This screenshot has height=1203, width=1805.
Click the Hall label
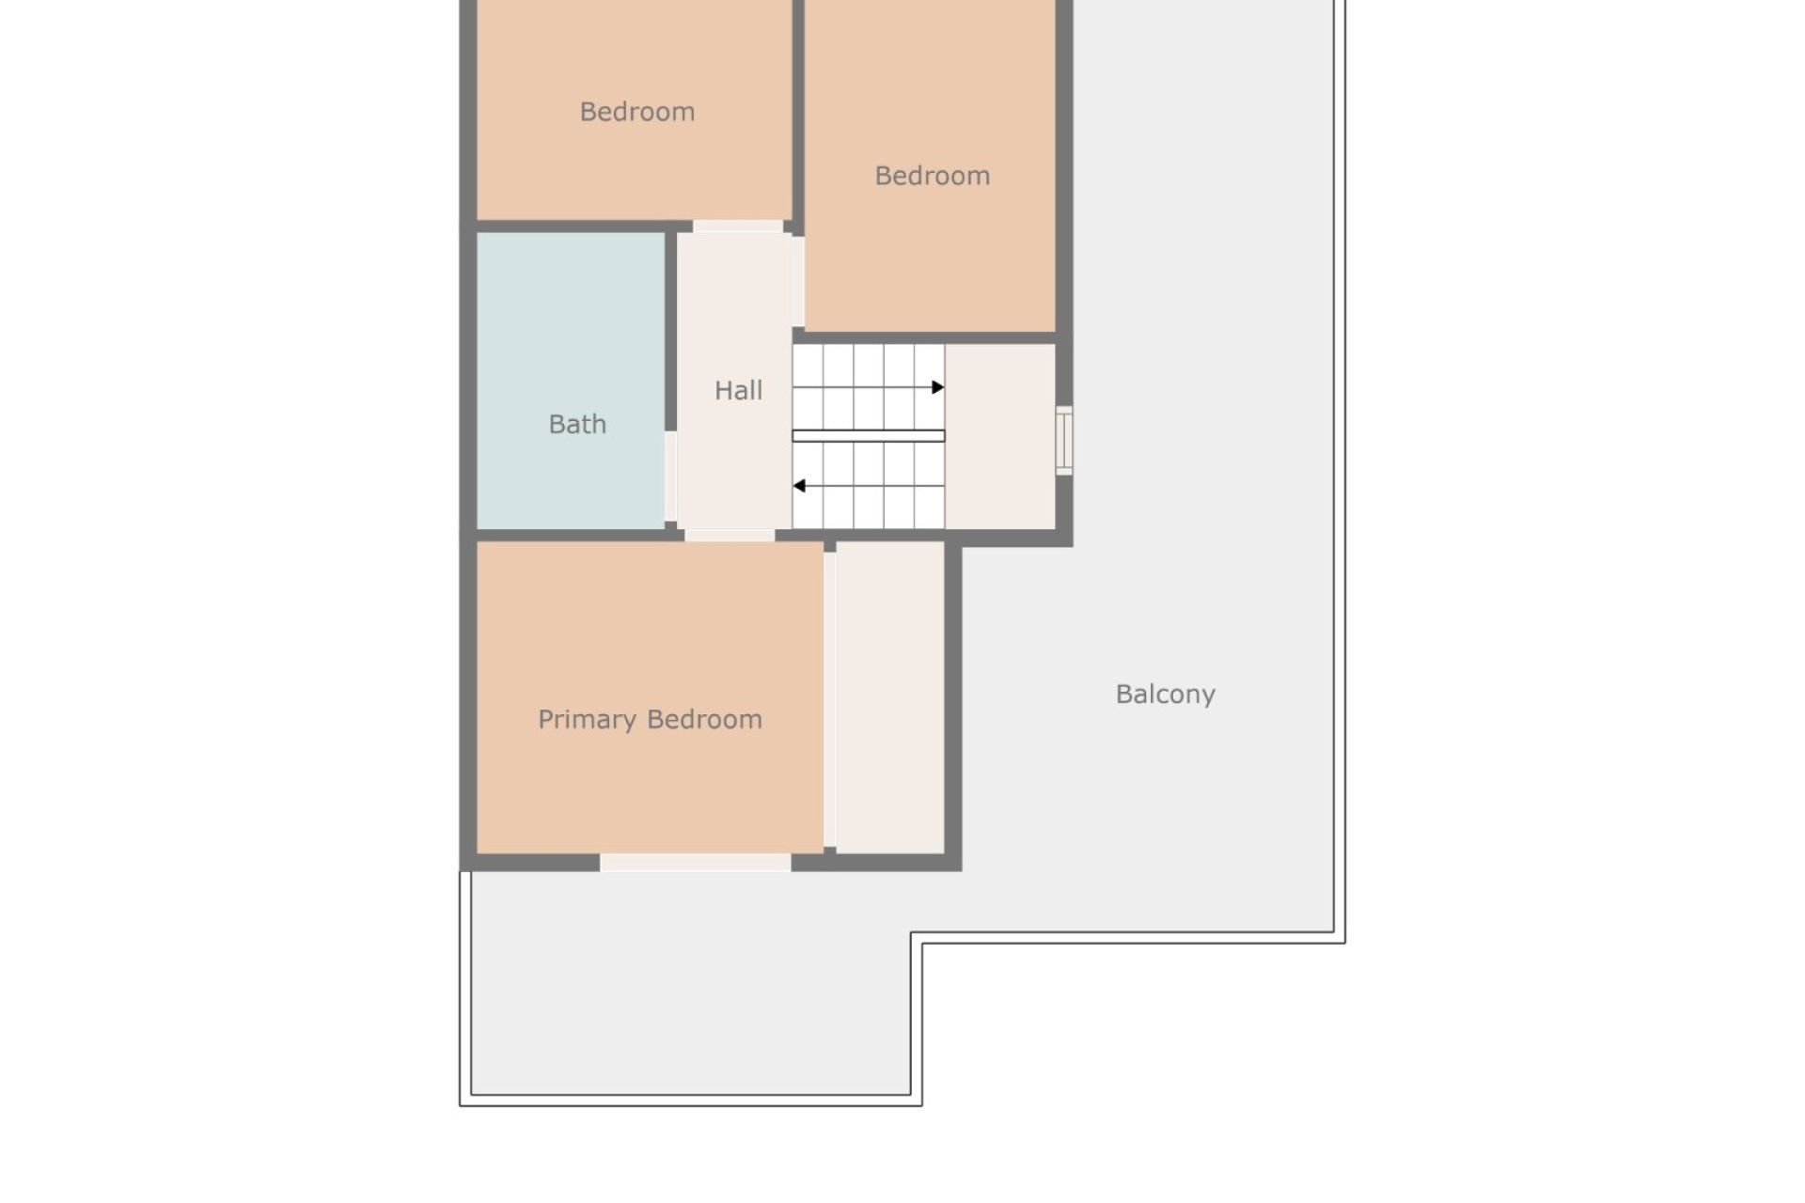coord(738,390)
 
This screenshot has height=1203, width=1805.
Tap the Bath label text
coord(577,424)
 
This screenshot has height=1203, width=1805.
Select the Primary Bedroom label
coord(650,720)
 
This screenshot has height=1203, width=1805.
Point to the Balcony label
coord(1166,695)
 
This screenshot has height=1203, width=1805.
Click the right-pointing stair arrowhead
coord(937,387)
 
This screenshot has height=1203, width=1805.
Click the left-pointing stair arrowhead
coord(799,486)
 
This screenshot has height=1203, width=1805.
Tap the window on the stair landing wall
coord(1064,440)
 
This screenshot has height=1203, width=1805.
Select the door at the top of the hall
coord(738,227)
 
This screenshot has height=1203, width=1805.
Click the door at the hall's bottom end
coord(730,536)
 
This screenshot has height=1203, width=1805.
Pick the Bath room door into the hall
coord(670,477)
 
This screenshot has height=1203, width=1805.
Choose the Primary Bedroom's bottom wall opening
coord(695,863)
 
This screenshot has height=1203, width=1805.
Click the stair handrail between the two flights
coord(869,436)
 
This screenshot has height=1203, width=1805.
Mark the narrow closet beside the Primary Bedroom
coord(890,697)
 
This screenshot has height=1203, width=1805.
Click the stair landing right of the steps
coord(1000,436)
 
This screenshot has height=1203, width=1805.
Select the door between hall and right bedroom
coord(798,282)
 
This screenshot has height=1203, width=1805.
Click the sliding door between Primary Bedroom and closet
coord(829,700)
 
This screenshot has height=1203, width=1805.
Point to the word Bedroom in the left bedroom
coord(637,112)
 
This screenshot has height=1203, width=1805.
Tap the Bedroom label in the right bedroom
coord(933,176)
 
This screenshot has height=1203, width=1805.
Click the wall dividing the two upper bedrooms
coord(798,113)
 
